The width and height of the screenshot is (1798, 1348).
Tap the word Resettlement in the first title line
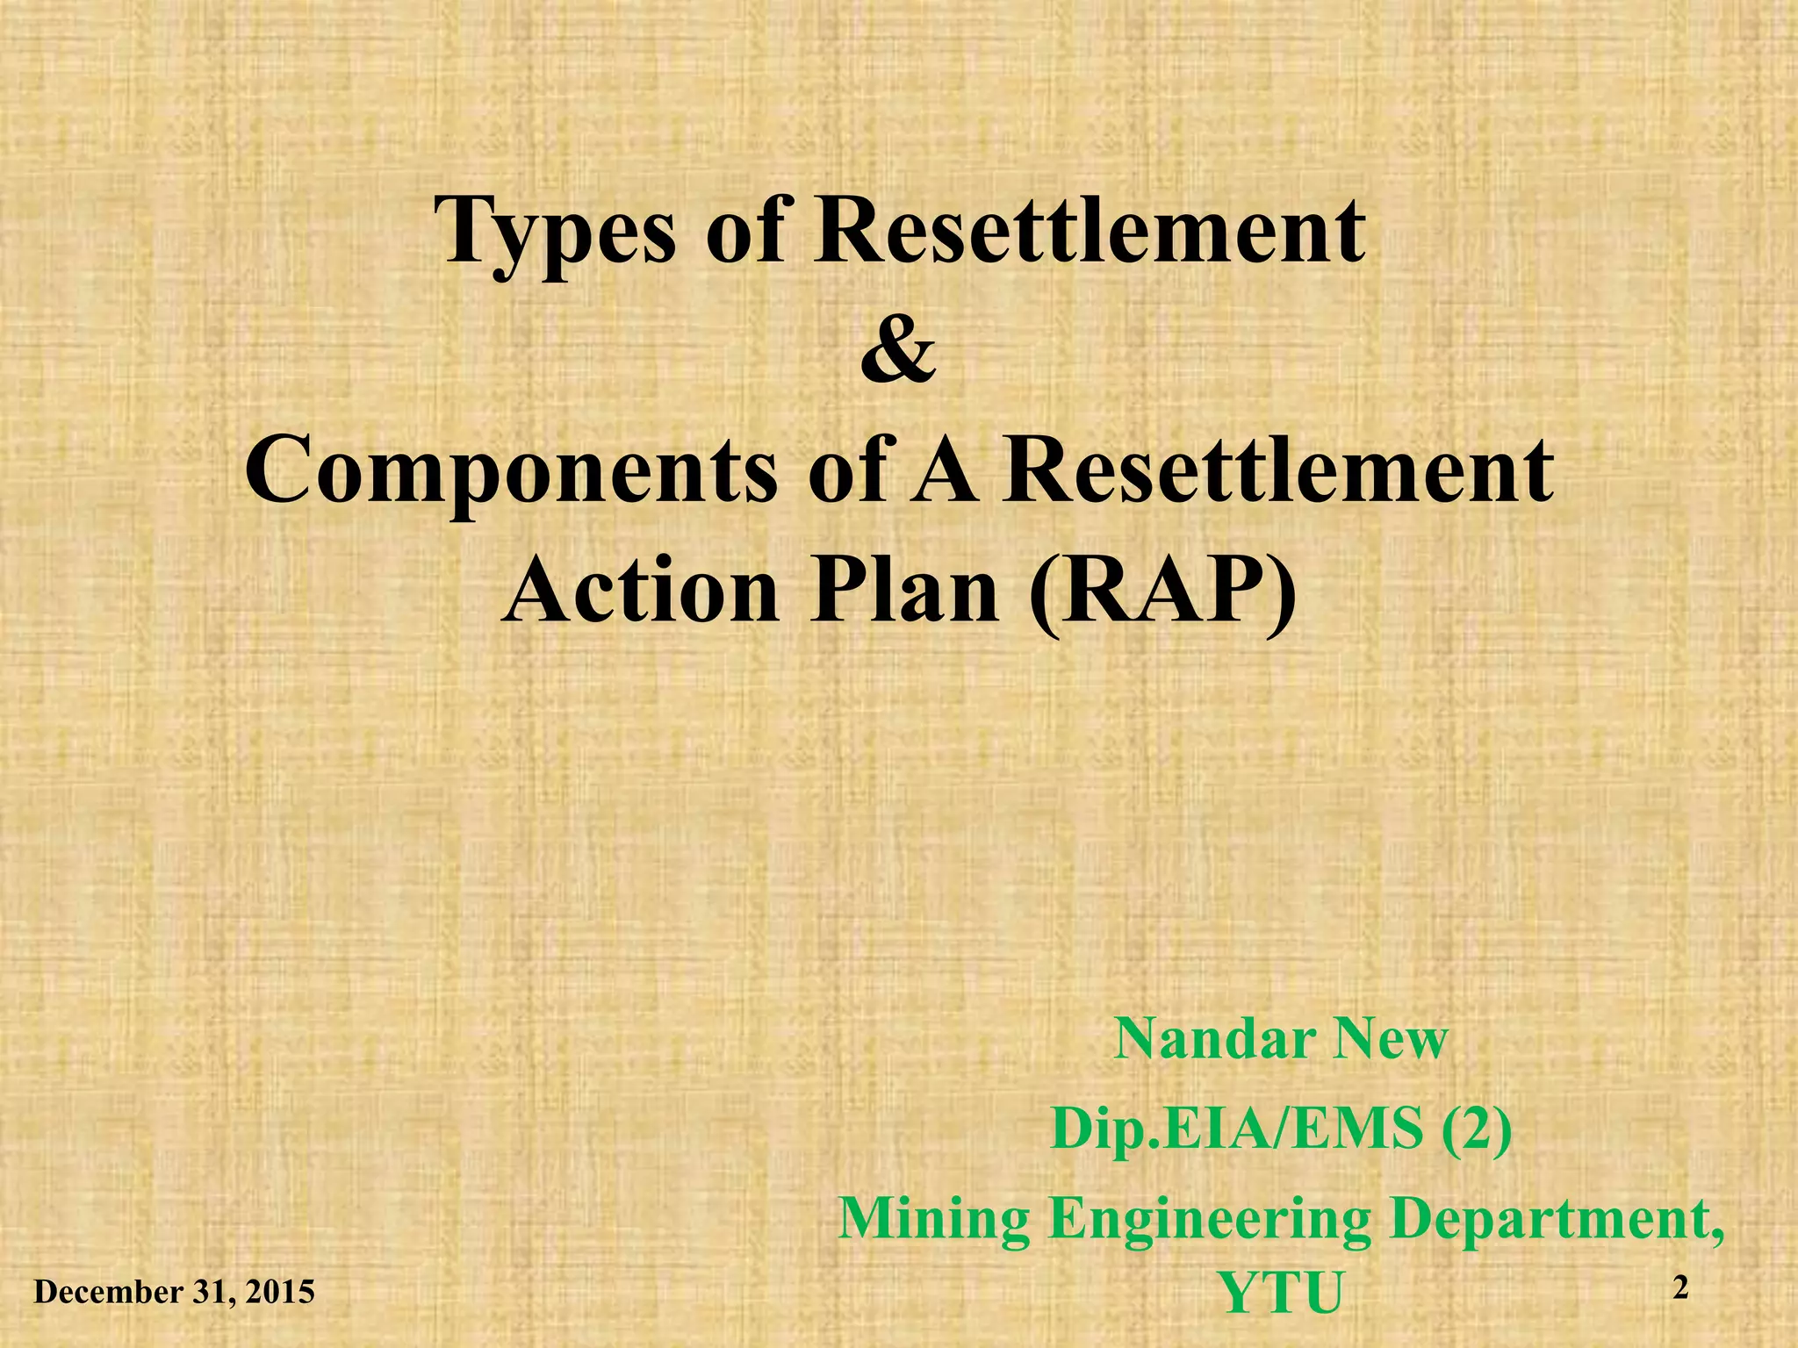point(1089,230)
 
